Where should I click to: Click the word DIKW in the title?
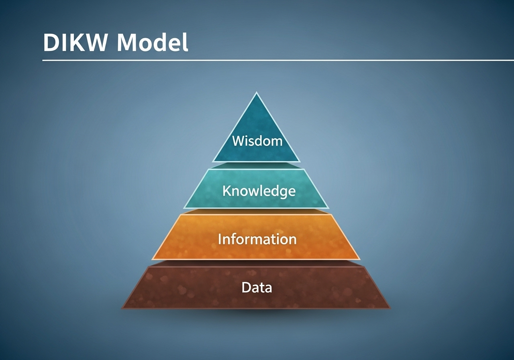point(75,43)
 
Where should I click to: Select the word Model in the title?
point(153,42)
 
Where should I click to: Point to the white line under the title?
point(278,60)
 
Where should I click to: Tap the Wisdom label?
point(257,141)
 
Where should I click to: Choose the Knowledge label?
point(259,191)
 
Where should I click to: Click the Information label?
point(257,239)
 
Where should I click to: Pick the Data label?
point(257,287)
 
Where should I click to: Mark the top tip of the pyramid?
point(257,92)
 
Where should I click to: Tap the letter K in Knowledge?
point(227,191)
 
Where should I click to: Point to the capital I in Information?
point(220,239)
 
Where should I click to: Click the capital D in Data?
point(246,287)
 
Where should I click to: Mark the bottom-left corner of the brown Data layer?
point(122,308)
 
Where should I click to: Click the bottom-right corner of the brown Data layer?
point(390,308)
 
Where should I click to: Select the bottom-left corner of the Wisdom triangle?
point(213,162)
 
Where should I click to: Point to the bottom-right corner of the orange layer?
point(360,260)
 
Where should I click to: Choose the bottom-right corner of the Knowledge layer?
point(329,208)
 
